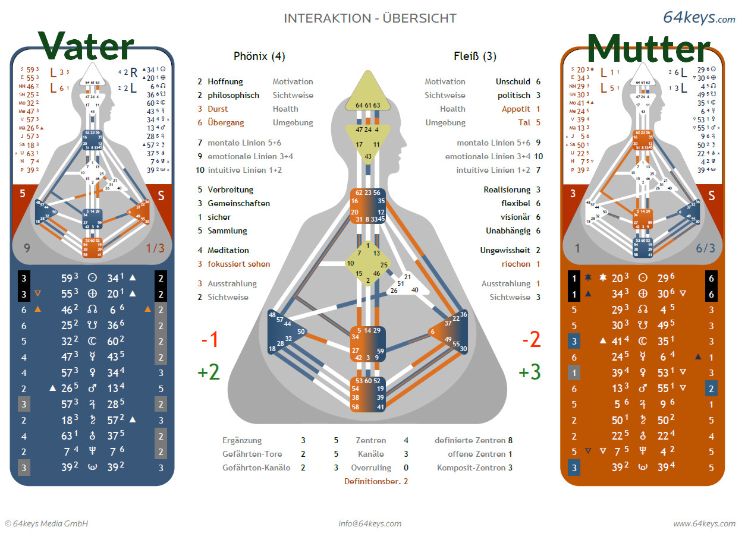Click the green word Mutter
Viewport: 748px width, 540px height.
[649, 48]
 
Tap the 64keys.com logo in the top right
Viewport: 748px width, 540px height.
[699, 18]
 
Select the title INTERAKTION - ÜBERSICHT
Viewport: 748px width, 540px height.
[370, 18]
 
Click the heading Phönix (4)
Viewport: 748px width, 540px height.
[259, 56]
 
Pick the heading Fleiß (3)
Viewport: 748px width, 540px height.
[474, 56]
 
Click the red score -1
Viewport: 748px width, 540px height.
[209, 340]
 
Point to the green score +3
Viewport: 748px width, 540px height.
[529, 372]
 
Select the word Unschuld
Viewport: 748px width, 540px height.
[513, 81]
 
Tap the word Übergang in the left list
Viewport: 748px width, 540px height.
[226, 122]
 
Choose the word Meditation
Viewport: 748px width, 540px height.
[228, 250]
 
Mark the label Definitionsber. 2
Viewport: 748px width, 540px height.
[376, 481]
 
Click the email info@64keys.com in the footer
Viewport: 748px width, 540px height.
[370, 523]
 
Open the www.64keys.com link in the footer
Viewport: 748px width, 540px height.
[704, 523]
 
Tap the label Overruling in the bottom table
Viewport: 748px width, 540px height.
[371, 468]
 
